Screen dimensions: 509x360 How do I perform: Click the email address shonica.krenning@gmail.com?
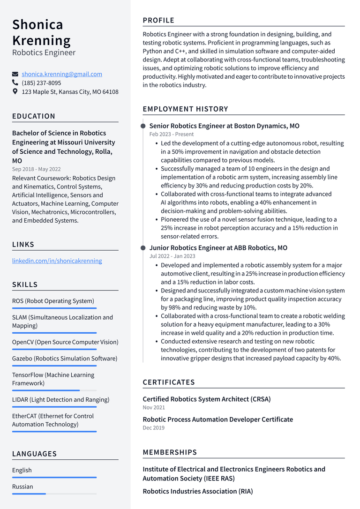(62, 74)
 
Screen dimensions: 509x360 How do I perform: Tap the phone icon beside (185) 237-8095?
(15, 83)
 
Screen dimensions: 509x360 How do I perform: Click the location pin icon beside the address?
(15, 92)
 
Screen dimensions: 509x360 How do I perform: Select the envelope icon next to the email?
(15, 74)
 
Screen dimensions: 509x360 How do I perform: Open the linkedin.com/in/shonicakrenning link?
(57, 261)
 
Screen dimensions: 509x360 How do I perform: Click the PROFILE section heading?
(158, 20)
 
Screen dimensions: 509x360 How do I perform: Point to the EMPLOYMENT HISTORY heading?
(185, 109)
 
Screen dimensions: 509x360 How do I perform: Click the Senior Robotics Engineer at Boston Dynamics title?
(224, 126)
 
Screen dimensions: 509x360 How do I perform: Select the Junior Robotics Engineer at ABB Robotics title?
(218, 248)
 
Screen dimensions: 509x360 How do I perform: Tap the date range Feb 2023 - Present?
(171, 135)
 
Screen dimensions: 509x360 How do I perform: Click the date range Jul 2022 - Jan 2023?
(172, 256)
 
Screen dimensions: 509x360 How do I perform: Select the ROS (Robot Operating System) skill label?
(53, 301)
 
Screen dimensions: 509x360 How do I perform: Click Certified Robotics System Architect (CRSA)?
(207, 399)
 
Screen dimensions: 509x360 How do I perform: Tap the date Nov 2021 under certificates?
(154, 408)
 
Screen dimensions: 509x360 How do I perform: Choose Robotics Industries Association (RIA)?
(197, 491)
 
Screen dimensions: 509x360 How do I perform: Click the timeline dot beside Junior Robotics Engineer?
(143, 248)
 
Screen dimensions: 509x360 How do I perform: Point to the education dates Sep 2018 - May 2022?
(36, 169)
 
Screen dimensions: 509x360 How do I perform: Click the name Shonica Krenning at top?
(41, 32)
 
